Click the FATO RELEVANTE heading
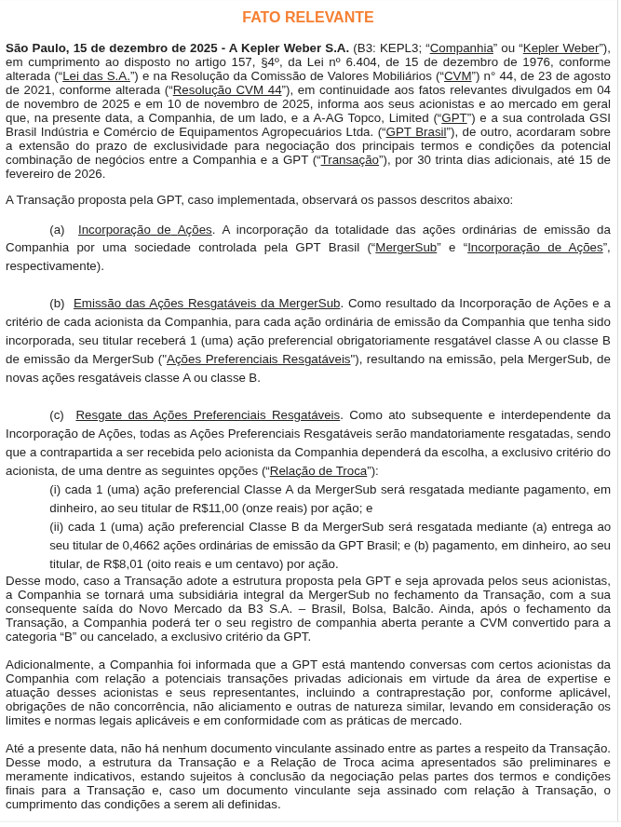308,18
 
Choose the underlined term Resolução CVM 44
227,89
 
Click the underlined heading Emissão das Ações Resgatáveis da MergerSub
207,303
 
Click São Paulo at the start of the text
36,47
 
